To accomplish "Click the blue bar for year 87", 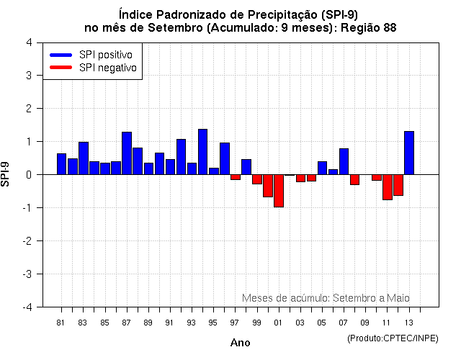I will (x=127, y=153).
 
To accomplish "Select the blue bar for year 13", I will (x=409, y=153).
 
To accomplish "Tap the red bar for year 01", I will (x=278, y=191).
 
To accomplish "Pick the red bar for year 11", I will (x=388, y=187).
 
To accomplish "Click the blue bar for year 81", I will (x=61, y=164).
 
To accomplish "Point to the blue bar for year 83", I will (x=84, y=158).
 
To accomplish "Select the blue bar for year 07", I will (x=344, y=161).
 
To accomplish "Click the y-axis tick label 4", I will (x=28, y=42).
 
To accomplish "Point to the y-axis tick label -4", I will (x=26, y=307).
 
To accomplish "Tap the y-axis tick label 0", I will (x=28, y=174).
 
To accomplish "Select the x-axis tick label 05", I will (x=322, y=322).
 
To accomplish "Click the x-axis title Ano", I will (x=240, y=343).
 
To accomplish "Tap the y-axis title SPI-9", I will (x=9, y=174).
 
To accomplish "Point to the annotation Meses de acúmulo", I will (x=285, y=297).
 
